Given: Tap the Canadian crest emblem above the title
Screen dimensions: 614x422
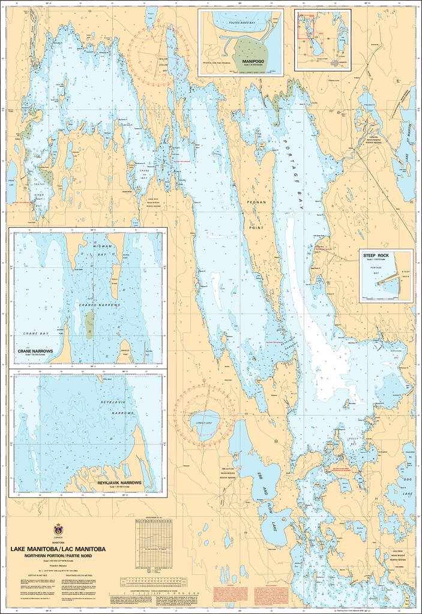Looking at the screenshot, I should [x=58, y=530].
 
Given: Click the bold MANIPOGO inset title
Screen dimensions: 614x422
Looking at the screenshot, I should [x=254, y=61].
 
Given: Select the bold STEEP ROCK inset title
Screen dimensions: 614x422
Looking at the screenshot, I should [x=376, y=255].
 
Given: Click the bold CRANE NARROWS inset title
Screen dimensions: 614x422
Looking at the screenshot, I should [x=36, y=350].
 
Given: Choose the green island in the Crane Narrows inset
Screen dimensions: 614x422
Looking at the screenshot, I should [x=89, y=324].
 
